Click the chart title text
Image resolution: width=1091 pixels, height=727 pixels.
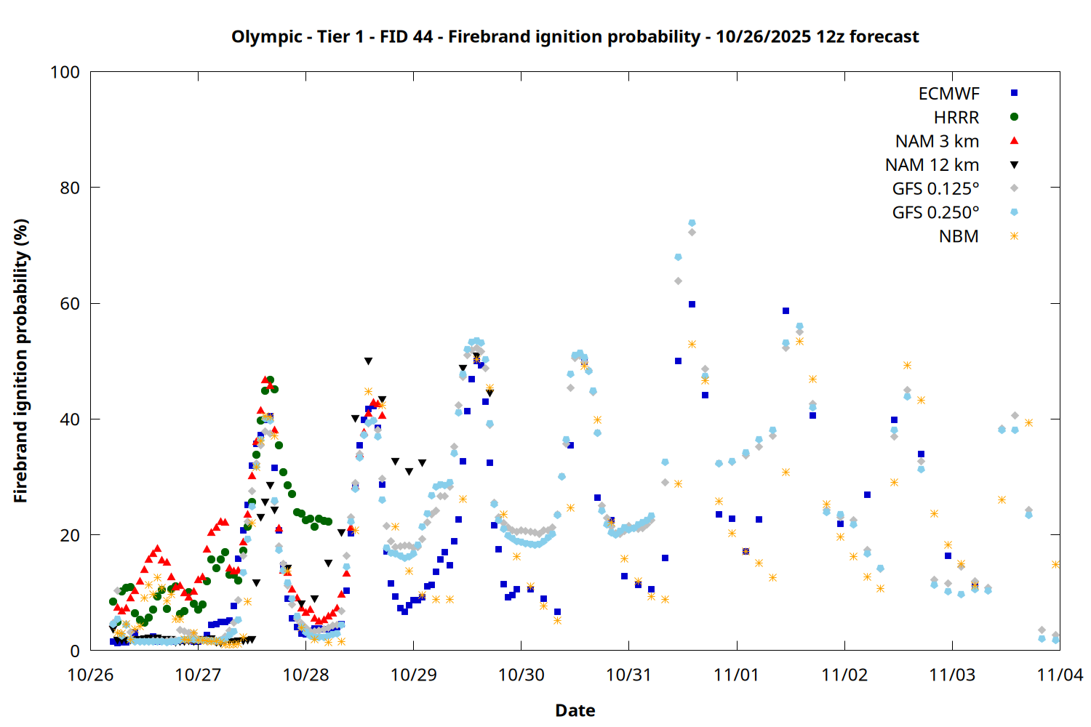575,37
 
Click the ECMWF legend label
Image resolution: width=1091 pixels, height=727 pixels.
948,94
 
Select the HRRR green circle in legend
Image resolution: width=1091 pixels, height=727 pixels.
1014,117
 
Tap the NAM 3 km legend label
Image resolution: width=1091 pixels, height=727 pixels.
937,141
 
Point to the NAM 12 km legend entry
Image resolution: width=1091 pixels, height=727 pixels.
932,165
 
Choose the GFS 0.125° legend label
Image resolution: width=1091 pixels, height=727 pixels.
935,189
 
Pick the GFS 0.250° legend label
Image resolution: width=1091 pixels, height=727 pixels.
935,212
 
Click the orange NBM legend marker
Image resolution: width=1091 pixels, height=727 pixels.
1014,236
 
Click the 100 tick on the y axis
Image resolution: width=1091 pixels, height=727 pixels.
65,72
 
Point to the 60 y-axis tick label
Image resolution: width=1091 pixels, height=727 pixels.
70,304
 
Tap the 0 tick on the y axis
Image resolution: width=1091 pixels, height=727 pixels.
75,651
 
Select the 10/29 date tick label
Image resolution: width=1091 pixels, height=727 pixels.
413,675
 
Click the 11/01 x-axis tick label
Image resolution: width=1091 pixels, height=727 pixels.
737,675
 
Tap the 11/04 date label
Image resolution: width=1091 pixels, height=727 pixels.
1060,675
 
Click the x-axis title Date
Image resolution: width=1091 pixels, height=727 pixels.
575,710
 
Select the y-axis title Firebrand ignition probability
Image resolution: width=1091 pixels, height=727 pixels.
20,361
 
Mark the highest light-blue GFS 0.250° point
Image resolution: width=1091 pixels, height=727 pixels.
692,223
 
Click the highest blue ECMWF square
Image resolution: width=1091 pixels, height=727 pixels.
692,305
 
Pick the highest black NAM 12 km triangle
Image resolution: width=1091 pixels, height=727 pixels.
368,361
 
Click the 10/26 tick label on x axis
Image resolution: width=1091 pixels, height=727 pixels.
90,675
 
